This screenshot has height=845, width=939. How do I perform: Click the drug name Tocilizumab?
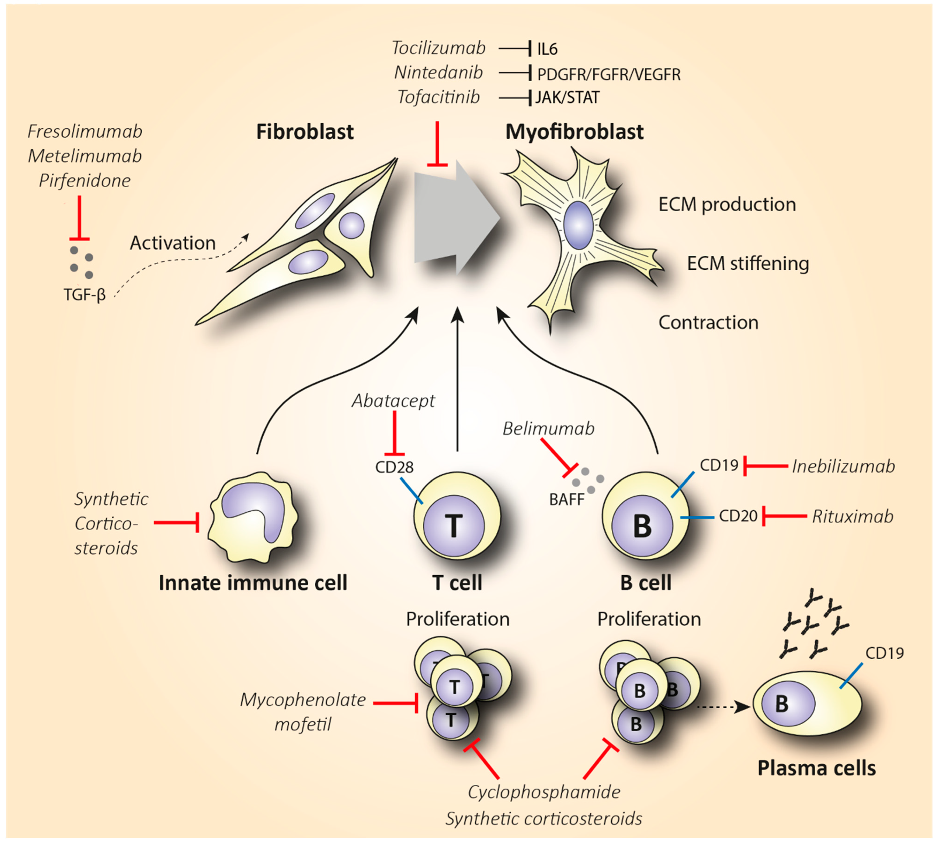pos(438,48)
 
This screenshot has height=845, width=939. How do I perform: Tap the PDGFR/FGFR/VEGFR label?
pos(608,74)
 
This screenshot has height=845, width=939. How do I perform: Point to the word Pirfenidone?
pos(85,181)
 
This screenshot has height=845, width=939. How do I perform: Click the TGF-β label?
pos(85,294)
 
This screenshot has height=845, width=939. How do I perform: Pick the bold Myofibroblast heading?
pos(574,132)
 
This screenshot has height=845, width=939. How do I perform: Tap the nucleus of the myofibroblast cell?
pos(578,225)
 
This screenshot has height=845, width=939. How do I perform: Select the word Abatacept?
pos(393,401)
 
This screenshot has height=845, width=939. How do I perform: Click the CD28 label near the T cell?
pos(394,467)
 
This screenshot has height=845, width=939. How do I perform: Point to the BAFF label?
pos(567,499)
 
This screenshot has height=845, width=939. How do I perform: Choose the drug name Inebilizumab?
pos(843,466)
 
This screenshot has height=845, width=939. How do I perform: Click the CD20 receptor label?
pos(738,516)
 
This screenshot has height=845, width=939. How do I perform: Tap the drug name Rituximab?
pos(852,516)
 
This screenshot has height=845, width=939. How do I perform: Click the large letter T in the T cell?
pos(454,526)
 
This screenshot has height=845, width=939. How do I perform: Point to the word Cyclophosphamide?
pos(543,792)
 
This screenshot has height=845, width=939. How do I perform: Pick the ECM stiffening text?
pos(748,263)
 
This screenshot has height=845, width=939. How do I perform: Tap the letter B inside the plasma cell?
pos(782,703)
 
